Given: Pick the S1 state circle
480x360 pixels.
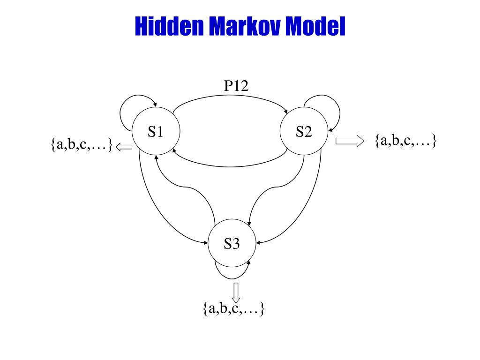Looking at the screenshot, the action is pyautogui.click(x=156, y=133).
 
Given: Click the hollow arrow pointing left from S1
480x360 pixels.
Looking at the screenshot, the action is pyautogui.click(x=124, y=147).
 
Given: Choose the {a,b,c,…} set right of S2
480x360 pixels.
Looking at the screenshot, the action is pyautogui.click(x=406, y=140).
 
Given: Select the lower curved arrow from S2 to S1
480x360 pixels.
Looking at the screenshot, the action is pyautogui.click(x=230, y=166).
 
